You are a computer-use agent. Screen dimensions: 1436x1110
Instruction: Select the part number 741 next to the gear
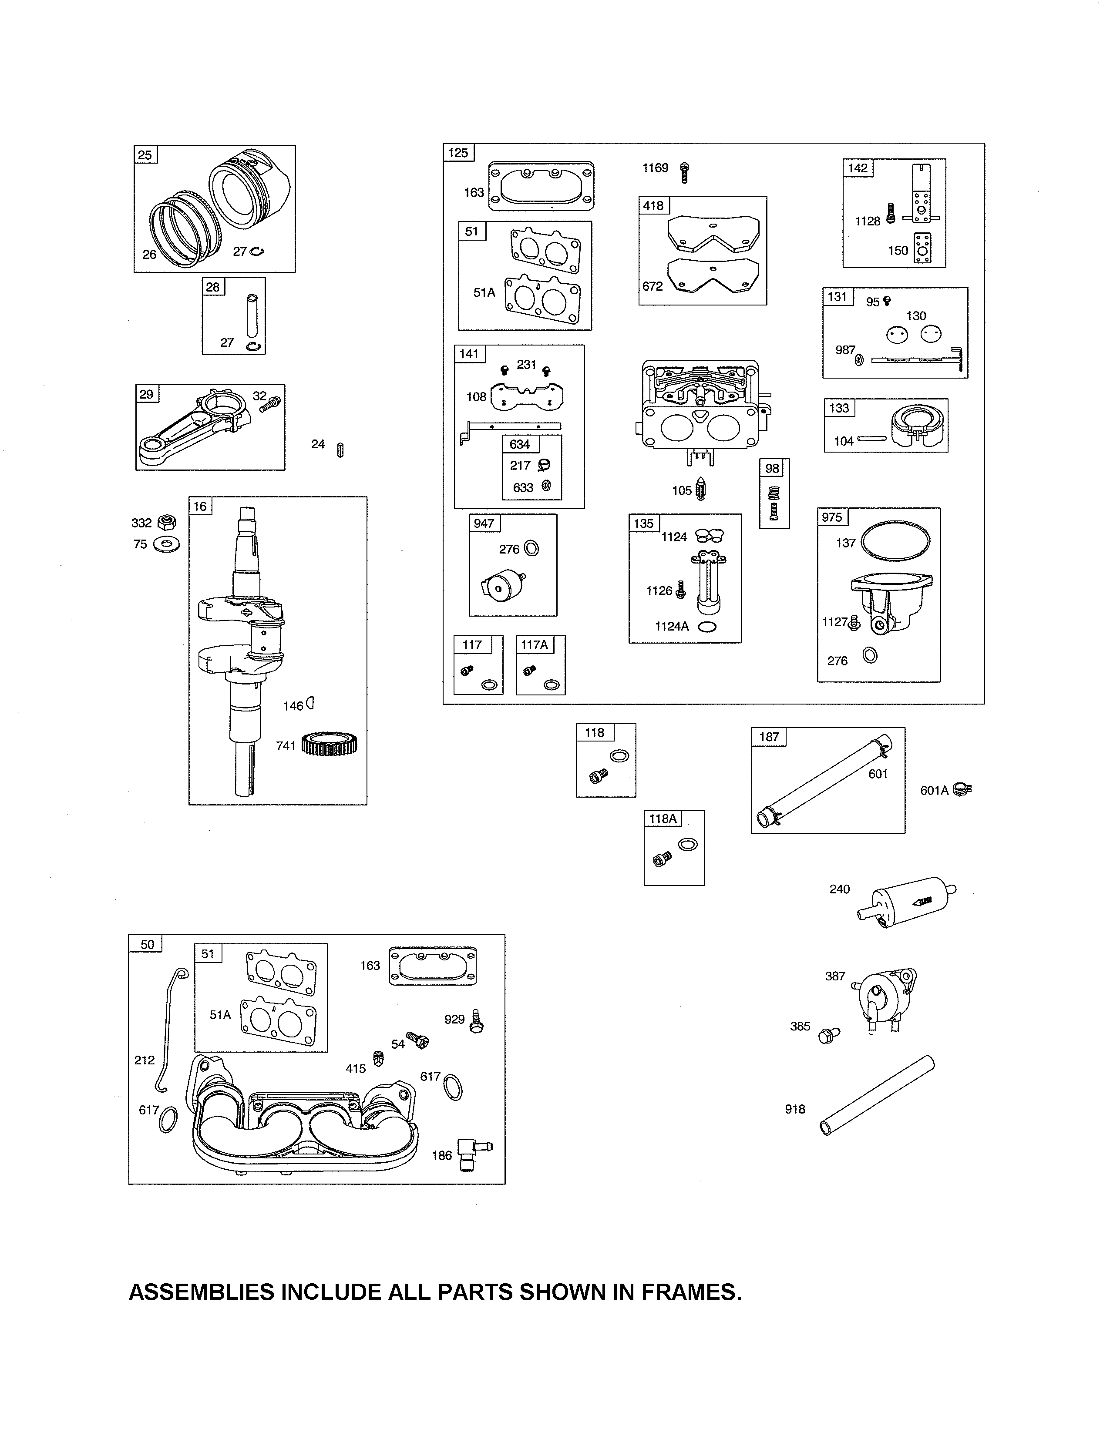(286, 745)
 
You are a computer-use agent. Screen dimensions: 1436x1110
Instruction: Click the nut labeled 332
(168, 523)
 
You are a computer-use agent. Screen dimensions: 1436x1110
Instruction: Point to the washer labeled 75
(166, 544)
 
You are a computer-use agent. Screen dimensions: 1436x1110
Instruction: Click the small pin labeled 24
(340, 450)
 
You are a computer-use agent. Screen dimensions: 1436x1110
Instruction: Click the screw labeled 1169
(685, 172)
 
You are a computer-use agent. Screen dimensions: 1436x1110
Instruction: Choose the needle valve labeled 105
(702, 489)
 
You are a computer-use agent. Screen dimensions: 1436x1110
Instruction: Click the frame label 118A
(662, 819)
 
